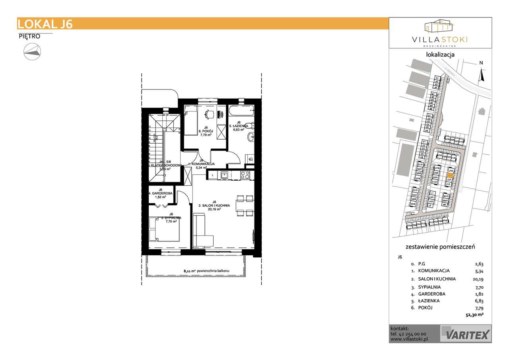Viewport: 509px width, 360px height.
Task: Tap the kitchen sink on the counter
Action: click(x=224, y=174)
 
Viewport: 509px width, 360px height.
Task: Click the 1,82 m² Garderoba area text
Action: click(x=160, y=197)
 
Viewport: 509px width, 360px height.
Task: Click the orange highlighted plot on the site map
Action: click(x=450, y=174)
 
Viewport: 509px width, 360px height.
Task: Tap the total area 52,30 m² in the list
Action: click(x=474, y=314)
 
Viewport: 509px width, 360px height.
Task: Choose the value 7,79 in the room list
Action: click(x=479, y=308)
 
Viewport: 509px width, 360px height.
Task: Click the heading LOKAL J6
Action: click(x=45, y=24)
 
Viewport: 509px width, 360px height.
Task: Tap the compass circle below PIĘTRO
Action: click(x=32, y=51)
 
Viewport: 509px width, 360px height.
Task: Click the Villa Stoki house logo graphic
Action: click(x=439, y=26)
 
